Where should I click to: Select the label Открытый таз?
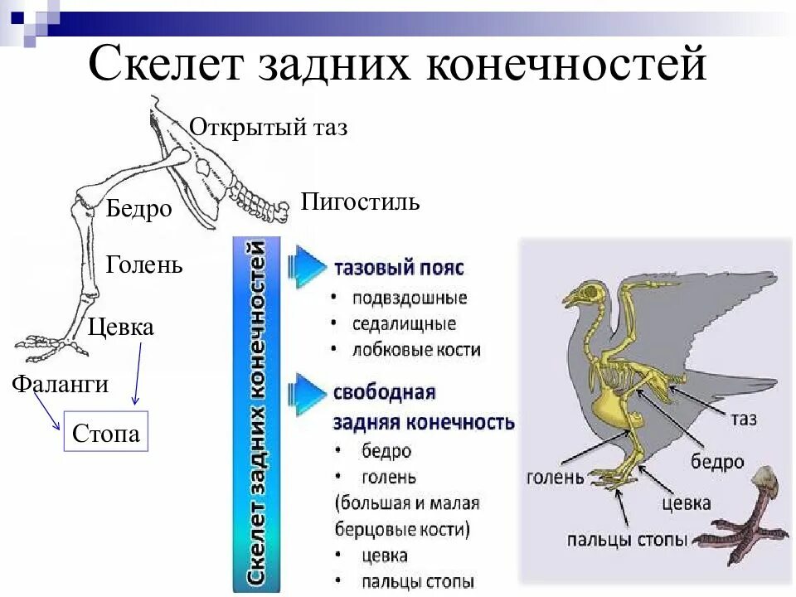point(269,128)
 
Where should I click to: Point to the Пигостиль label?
point(360,201)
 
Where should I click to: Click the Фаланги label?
point(60,384)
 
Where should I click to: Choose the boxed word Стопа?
point(106,433)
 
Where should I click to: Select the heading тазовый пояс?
point(398,269)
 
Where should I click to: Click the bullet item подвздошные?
point(409,298)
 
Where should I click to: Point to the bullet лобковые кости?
point(415,350)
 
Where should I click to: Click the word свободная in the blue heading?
point(384,392)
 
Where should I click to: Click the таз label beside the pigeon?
point(743,419)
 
